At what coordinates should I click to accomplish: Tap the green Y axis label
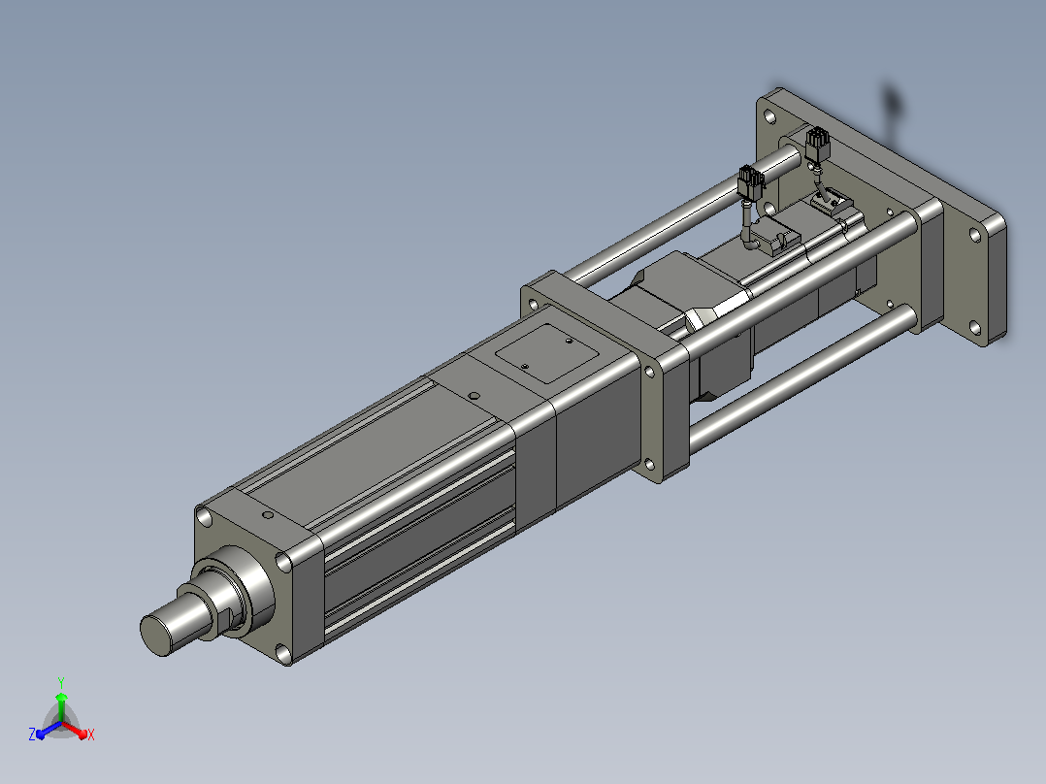coord(61,682)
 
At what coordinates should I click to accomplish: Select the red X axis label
coord(91,735)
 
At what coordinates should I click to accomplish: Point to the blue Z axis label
coord(32,735)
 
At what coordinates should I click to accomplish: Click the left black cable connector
coord(751,182)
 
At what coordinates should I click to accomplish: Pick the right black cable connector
coord(818,146)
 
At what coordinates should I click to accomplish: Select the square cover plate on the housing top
coord(547,353)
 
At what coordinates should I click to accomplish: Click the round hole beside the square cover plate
coord(474,396)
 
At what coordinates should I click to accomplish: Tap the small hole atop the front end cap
coord(268,515)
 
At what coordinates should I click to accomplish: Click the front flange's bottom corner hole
coord(283,651)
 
